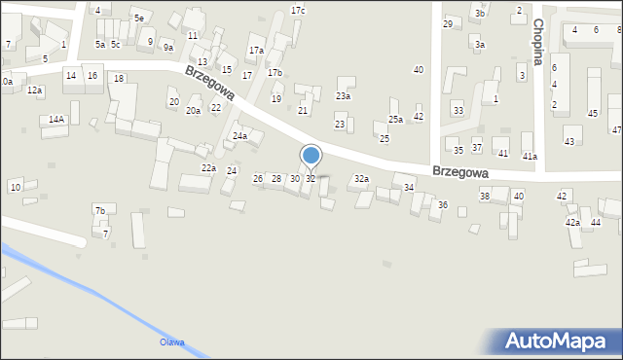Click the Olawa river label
click(172, 342)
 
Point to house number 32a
click(361, 179)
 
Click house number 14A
click(57, 120)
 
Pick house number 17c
click(298, 11)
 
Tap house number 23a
click(343, 96)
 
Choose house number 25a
click(395, 120)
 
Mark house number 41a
click(530, 156)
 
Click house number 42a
click(572, 223)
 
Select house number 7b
click(99, 210)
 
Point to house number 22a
click(208, 168)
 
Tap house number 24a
click(239, 136)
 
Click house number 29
click(448, 23)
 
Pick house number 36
click(443, 204)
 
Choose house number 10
click(15, 186)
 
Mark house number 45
click(593, 114)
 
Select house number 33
click(458, 111)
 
